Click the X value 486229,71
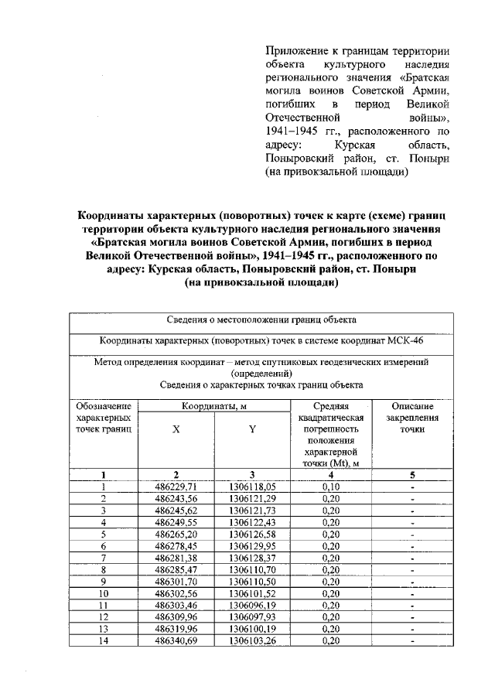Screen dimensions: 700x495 (x=176, y=487)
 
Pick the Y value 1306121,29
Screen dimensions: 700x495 (x=252, y=499)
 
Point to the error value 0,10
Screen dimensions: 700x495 (x=331, y=487)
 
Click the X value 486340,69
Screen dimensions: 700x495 (x=176, y=641)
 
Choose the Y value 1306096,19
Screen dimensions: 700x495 (x=252, y=606)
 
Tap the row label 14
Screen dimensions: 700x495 (x=103, y=641)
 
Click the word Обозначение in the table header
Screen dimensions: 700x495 (x=103, y=405)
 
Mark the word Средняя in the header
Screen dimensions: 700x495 (x=331, y=405)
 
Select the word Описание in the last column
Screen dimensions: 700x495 (x=412, y=405)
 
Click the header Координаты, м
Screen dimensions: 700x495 (x=214, y=405)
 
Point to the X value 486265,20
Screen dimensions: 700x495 (x=176, y=534)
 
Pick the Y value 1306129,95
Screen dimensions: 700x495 (x=252, y=546)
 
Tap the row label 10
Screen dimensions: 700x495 (x=103, y=594)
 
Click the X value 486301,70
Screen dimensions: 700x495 (x=176, y=582)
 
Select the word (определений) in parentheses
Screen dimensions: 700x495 (x=261, y=372)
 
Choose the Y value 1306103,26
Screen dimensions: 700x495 (x=252, y=641)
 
